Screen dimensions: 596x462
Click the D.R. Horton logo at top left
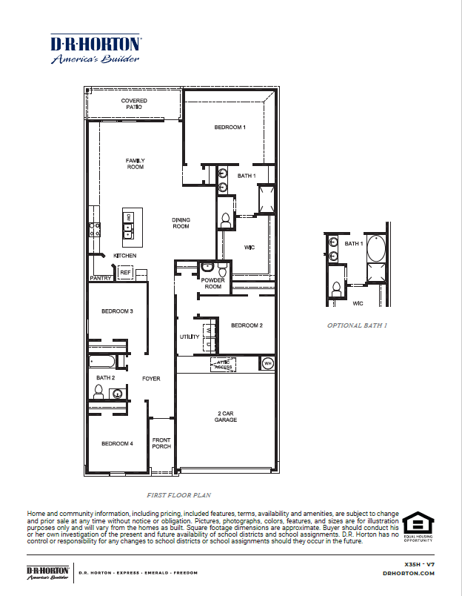point(96,49)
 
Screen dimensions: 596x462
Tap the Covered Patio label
point(134,104)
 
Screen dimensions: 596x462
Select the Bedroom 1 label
point(230,128)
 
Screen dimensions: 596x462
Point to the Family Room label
point(135,164)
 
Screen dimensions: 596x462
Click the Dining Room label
point(181,223)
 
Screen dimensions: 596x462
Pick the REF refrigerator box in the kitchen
point(125,273)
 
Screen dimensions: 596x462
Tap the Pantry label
point(100,279)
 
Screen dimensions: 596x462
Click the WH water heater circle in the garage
point(267,362)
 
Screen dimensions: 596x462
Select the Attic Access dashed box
point(224,364)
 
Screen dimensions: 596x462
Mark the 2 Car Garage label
point(226,417)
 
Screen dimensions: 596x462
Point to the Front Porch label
point(161,443)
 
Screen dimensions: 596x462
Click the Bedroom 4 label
point(117,443)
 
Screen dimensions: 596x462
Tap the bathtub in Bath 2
point(102,362)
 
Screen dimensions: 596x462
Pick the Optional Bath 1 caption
point(358,325)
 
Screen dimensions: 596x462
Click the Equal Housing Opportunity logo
point(418,526)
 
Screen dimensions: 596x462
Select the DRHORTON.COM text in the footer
point(409,573)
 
